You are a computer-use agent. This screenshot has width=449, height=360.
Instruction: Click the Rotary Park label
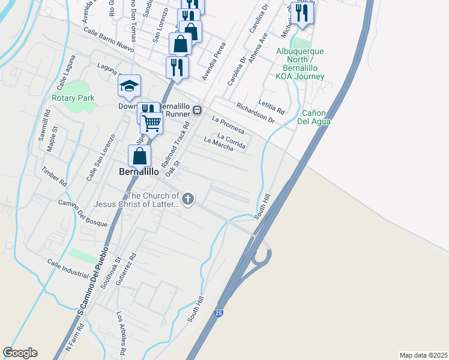73,98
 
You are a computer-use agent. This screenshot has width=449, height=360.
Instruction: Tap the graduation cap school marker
129,86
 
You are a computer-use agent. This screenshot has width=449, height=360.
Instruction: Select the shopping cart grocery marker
152,123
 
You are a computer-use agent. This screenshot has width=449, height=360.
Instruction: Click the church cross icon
188,199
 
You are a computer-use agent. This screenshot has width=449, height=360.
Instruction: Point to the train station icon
197,111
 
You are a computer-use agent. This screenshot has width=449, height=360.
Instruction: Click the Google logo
20,353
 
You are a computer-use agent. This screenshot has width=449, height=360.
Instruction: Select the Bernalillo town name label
139,172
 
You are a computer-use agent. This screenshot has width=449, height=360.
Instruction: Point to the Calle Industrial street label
68,268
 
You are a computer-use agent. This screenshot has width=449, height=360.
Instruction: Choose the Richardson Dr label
255,113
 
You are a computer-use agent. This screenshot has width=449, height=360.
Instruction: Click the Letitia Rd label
271,107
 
